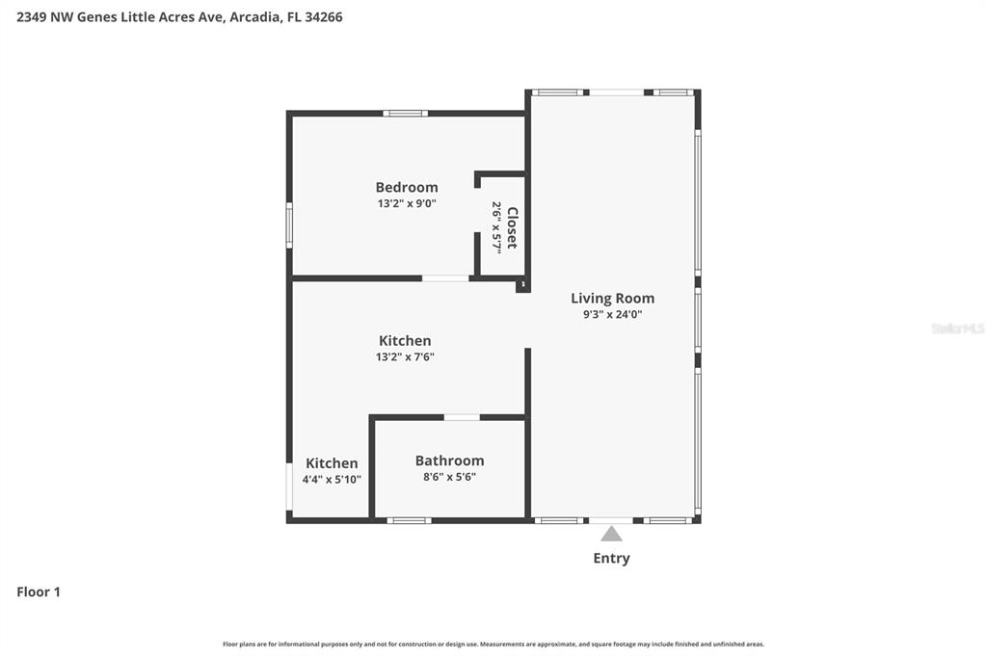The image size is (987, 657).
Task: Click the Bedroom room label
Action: click(406, 187)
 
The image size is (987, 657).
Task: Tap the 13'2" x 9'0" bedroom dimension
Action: click(406, 203)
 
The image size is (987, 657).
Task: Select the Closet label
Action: click(512, 228)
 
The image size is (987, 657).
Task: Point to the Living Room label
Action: click(612, 298)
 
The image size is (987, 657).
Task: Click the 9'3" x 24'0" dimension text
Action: click(612, 314)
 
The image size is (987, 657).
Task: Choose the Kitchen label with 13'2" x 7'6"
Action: click(404, 340)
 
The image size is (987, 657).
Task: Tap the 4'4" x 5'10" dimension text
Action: click(332, 480)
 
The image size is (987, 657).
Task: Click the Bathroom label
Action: click(449, 460)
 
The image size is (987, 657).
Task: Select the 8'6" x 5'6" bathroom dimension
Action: click(449, 477)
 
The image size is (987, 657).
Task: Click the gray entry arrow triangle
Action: click(611, 533)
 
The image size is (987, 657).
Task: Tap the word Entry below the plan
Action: click(611, 558)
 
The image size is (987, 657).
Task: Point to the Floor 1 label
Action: click(39, 591)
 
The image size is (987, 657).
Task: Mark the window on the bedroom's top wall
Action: click(405, 113)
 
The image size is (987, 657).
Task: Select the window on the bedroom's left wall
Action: click(288, 224)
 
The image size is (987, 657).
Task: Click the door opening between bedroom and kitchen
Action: click(445, 278)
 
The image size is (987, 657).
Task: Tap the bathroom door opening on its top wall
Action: click(462, 417)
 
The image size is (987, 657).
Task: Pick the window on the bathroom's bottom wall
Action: click(409, 520)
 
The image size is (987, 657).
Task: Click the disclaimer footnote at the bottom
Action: click(493, 644)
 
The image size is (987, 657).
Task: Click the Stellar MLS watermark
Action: click(957, 328)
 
